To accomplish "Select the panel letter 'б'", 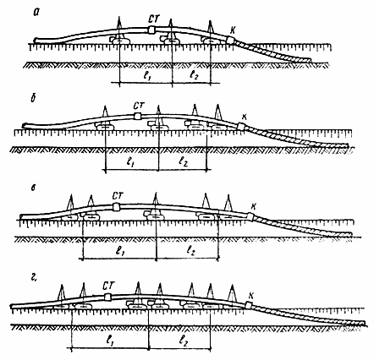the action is pyautogui.click(x=34, y=99).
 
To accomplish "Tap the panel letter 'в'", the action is pyautogui.click(x=34, y=188).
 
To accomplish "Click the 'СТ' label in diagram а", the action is pyautogui.click(x=154, y=19).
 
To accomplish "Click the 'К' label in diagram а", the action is pyautogui.click(x=233, y=30).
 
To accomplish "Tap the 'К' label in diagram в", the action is pyautogui.click(x=254, y=207).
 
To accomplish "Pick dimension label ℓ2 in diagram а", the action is pyautogui.click(x=195, y=75).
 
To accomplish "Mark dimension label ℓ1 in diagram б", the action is pyautogui.click(x=130, y=162).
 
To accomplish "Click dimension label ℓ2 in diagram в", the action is pyautogui.click(x=191, y=249).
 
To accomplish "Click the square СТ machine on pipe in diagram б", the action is pyautogui.click(x=137, y=117).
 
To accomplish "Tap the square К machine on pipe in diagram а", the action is pyautogui.click(x=230, y=41).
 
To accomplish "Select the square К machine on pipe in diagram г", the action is pyautogui.click(x=248, y=305).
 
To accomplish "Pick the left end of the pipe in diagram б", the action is pyautogui.click(x=24, y=125).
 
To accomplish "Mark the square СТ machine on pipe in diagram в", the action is pyautogui.click(x=116, y=207).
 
